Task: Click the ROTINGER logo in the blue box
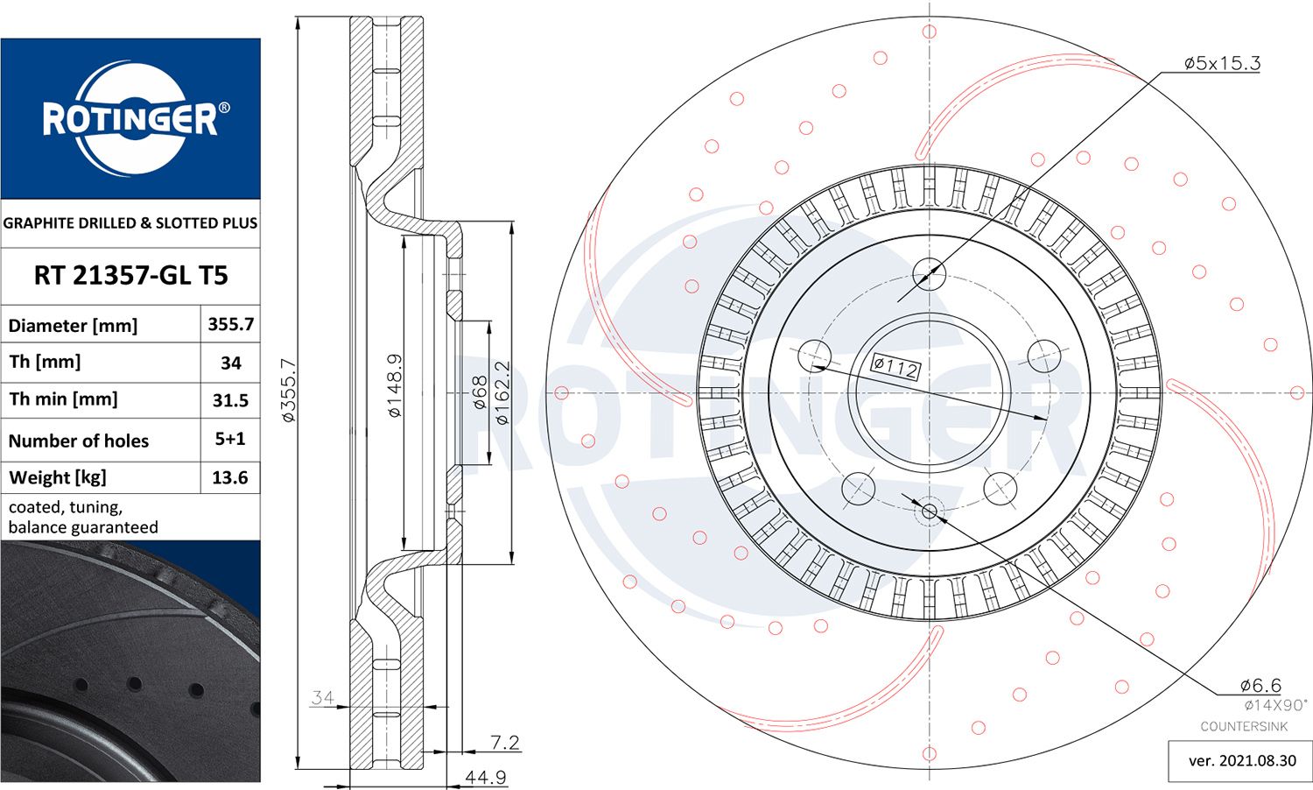(x=131, y=119)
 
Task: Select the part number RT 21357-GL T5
(x=130, y=275)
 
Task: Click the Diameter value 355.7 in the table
(x=230, y=324)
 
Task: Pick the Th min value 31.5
(x=230, y=400)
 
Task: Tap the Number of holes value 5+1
(x=230, y=439)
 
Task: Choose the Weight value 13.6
(x=230, y=477)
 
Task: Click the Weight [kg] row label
(x=58, y=477)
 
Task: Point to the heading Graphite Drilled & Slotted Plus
(x=130, y=223)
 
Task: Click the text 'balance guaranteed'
(x=83, y=527)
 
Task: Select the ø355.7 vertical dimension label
(x=290, y=391)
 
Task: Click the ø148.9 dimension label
(x=396, y=385)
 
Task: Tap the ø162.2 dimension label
(x=502, y=392)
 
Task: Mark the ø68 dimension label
(x=480, y=392)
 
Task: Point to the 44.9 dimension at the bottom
(x=485, y=777)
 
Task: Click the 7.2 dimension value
(x=504, y=743)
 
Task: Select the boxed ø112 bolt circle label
(x=895, y=366)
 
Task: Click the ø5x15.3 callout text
(x=1222, y=63)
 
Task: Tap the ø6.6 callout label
(x=1260, y=685)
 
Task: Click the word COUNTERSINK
(x=1244, y=726)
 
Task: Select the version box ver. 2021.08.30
(x=1241, y=760)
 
